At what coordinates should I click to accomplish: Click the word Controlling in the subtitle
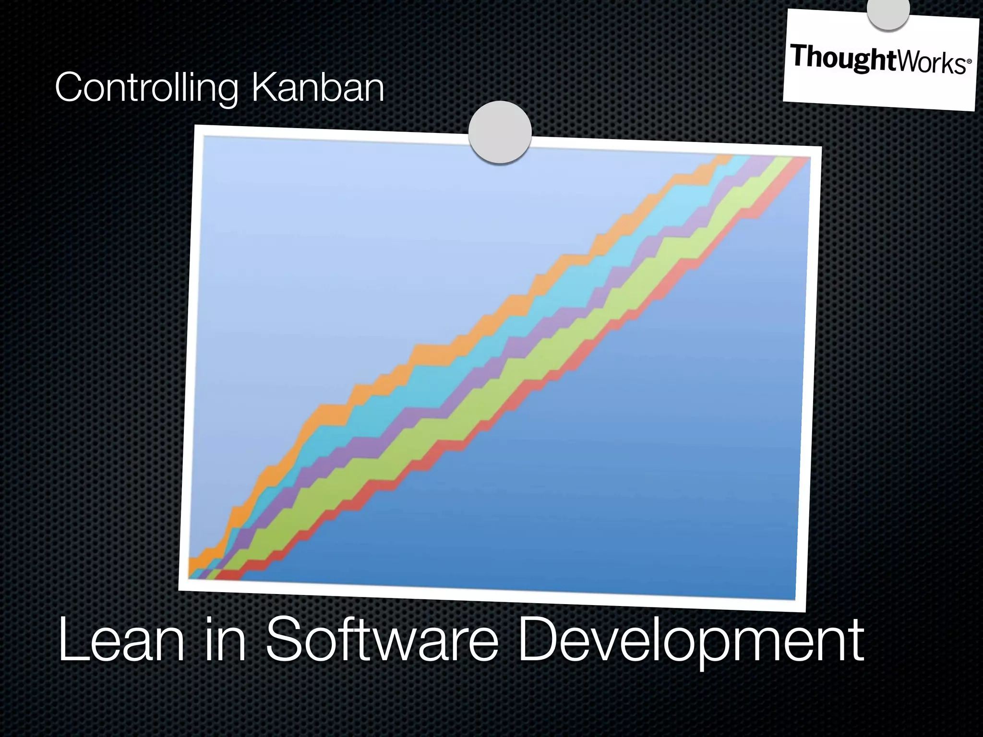coord(146,88)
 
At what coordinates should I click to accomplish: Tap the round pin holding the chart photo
coord(500,132)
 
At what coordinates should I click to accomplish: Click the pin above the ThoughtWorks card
coord(888,12)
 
